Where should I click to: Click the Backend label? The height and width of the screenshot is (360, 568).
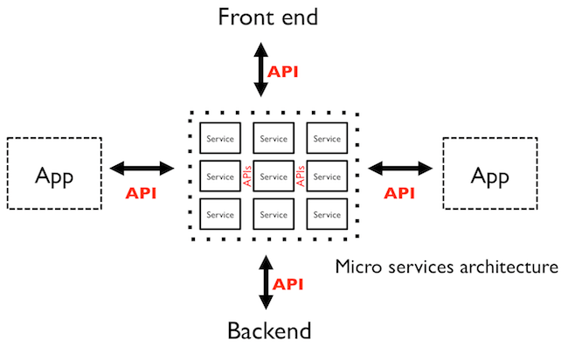pos(269,331)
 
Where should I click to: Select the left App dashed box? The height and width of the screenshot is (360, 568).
pos(55,173)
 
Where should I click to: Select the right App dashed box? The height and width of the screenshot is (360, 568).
pos(489,173)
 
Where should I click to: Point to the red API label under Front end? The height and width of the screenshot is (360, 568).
pos(283,72)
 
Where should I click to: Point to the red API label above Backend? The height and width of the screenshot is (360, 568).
pos(288,284)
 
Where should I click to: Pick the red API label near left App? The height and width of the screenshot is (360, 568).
pos(141,193)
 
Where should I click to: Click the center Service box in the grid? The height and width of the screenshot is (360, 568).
pos(274,177)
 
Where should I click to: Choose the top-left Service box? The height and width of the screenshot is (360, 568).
pos(220,139)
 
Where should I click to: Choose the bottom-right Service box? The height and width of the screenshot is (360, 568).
pos(327,214)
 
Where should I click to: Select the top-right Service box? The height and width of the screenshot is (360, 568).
pos(327,139)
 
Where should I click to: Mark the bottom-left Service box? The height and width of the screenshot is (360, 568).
pos(220,214)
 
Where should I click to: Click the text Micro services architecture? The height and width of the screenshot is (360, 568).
pos(447,267)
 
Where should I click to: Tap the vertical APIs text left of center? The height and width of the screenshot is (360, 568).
pos(247,177)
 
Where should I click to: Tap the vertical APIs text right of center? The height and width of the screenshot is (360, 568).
pos(301,177)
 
